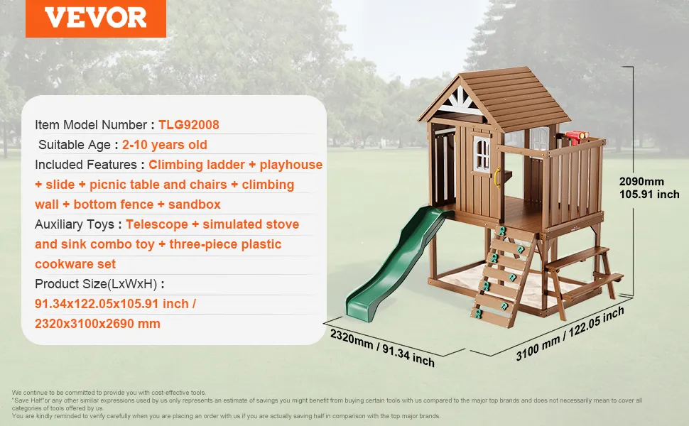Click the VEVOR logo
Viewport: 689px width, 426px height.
96,18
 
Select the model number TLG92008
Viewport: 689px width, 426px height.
188,125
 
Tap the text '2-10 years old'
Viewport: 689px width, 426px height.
164,145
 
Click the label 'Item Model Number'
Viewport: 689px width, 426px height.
91,125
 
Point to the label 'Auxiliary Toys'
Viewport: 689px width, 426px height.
75,224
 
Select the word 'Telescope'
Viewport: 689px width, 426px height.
157,224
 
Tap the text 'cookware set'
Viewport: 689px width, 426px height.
75,264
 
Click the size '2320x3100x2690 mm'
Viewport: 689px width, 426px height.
97,324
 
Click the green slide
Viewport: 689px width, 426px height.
398,262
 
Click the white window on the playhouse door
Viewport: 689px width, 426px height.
482,153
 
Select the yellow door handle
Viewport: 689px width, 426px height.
497,178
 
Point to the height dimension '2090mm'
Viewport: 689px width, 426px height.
641,181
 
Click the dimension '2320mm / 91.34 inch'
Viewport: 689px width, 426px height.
382,348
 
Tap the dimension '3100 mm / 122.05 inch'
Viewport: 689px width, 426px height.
570,333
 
